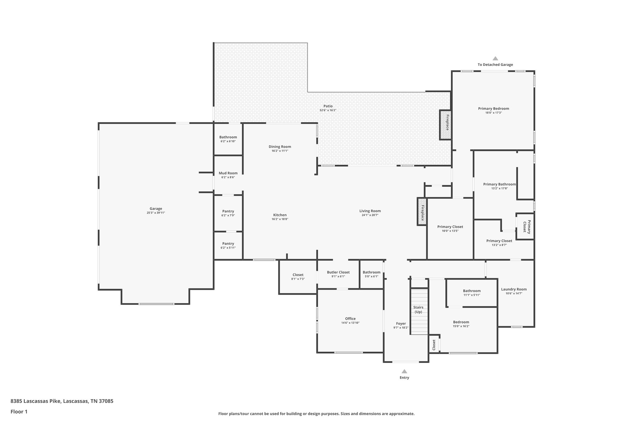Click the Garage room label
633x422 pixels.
156,209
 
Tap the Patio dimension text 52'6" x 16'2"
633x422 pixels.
328,110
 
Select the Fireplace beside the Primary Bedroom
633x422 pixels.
446,125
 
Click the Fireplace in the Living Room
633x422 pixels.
422,211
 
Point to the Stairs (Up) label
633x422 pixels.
418,309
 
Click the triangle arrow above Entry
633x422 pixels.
404,372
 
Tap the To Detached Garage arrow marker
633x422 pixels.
495,58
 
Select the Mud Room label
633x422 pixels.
228,173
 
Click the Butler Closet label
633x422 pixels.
338,272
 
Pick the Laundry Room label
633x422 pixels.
514,289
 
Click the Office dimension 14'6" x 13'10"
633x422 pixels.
350,323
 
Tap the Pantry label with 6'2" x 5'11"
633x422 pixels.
228,244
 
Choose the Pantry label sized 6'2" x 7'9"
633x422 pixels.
228,211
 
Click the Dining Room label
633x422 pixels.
280,147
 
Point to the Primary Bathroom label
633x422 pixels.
499,184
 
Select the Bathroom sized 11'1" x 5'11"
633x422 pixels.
472,291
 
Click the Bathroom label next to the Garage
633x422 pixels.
228,137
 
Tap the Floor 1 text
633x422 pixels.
19,411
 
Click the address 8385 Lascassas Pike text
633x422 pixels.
62,401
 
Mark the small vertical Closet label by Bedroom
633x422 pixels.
434,345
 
